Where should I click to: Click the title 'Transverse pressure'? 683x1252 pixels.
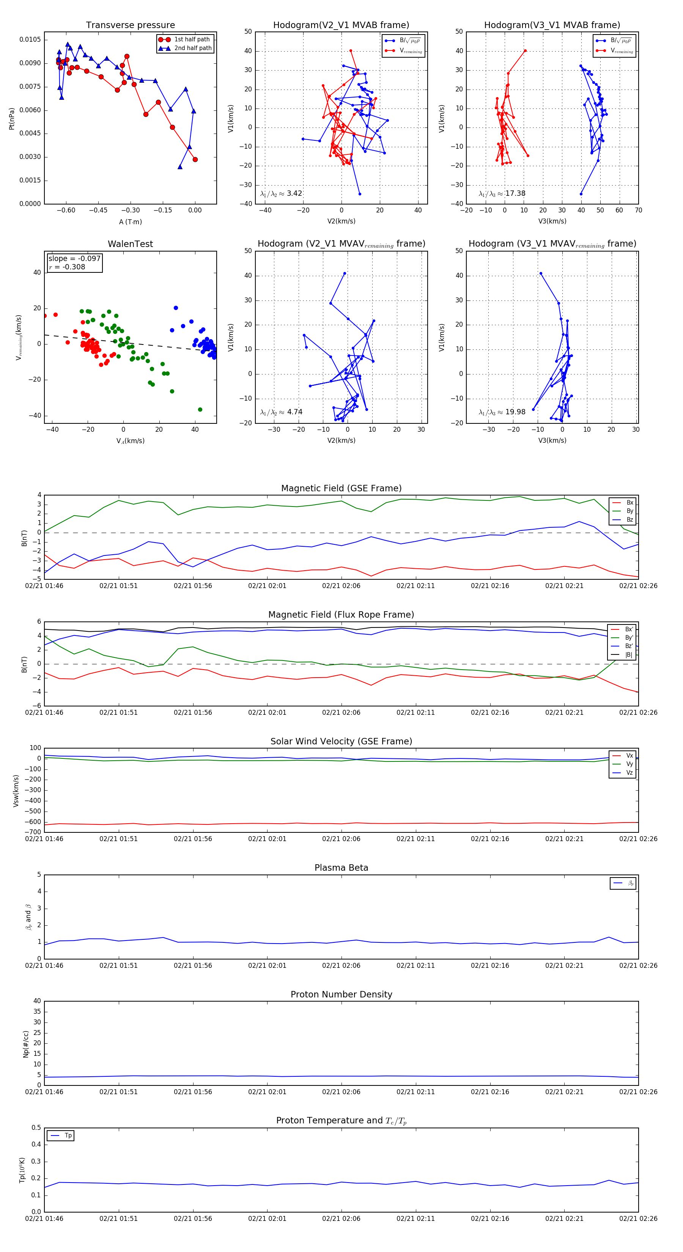pyautogui.click(x=130, y=25)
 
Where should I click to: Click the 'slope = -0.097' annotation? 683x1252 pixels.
pyautogui.click(x=74, y=259)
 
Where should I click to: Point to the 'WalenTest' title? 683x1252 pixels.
pyautogui.click(x=130, y=244)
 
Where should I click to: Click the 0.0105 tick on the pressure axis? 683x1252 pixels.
pyautogui.click(x=30, y=39)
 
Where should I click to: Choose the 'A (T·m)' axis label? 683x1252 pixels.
pyautogui.click(x=130, y=222)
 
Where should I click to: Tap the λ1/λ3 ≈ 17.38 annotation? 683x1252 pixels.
pyautogui.click(x=502, y=193)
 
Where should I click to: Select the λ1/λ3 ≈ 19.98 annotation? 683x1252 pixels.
pyautogui.click(x=502, y=412)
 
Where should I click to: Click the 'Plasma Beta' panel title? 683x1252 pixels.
pyautogui.click(x=341, y=868)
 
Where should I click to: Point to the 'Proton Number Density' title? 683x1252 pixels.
pyautogui.click(x=341, y=994)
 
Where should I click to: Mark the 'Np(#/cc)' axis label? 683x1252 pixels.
pyautogui.click(x=26, y=1043)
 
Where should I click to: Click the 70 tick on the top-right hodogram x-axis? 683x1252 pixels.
pyautogui.click(x=638, y=211)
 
